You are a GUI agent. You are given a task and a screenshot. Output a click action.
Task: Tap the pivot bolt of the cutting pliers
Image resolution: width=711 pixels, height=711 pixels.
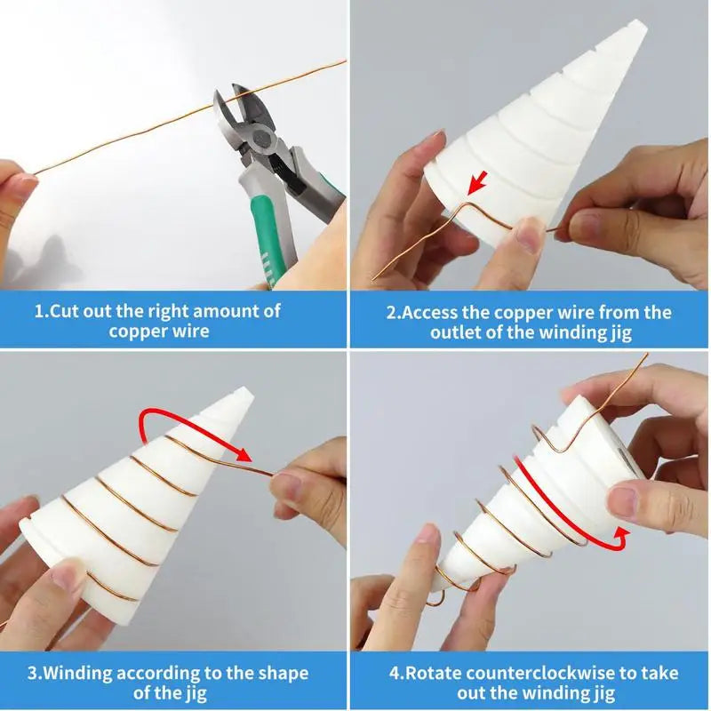(x=262, y=140)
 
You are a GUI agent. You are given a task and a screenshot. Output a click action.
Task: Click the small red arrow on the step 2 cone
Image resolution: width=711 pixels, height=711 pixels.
(x=477, y=182)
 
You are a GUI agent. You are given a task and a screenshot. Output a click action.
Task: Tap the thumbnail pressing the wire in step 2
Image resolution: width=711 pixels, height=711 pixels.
(x=527, y=235)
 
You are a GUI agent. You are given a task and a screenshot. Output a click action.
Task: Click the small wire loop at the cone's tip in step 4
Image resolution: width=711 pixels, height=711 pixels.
(x=435, y=598)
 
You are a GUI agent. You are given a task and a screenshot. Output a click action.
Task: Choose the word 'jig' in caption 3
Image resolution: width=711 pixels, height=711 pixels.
(x=196, y=693)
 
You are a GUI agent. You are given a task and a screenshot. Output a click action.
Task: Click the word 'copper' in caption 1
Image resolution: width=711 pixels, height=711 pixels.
(x=131, y=332)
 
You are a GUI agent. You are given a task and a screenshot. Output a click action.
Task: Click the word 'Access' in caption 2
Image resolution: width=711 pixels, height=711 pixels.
(x=429, y=313)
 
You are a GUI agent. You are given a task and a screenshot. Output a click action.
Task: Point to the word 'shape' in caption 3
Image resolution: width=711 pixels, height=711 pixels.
(x=284, y=674)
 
